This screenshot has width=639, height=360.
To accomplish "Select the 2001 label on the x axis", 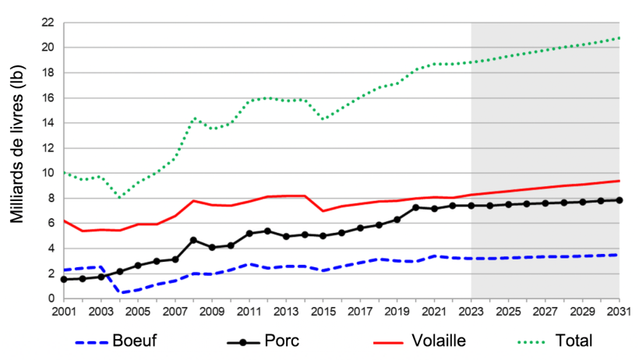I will coord(64,312).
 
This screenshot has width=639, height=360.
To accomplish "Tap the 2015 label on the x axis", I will coord(323,312).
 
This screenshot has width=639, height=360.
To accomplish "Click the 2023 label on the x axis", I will coord(471,312).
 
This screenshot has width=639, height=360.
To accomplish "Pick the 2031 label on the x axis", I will coord(620,312).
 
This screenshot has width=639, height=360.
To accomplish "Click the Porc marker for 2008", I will coord(193,240).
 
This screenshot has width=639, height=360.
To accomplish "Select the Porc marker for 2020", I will coord(416,207).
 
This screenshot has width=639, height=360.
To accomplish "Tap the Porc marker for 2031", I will coord(620,200).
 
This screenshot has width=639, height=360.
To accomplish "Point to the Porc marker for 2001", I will coord(64,279).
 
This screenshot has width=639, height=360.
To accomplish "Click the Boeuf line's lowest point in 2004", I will coord(121,292).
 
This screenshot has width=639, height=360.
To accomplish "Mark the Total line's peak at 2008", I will coord(194,118).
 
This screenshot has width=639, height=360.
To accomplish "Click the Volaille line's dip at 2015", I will coord(323,211).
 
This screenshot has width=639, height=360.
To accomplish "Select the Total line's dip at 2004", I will coord(120,198).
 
